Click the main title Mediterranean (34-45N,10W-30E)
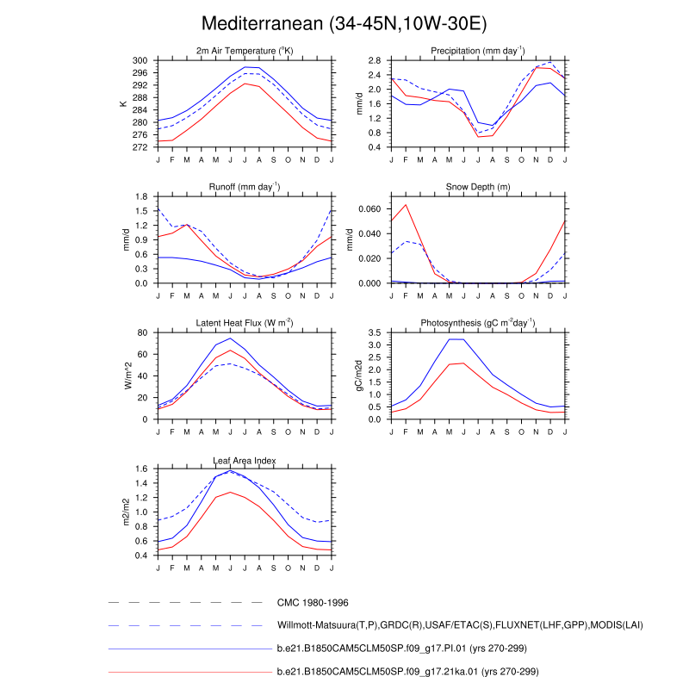(344, 23)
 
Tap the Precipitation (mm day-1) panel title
(478, 51)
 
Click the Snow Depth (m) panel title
(478, 187)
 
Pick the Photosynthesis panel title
(478, 323)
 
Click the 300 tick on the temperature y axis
(143, 61)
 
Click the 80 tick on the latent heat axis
(146, 332)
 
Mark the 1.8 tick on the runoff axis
(143, 197)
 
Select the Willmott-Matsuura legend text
(460, 625)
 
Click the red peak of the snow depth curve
(406, 204)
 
